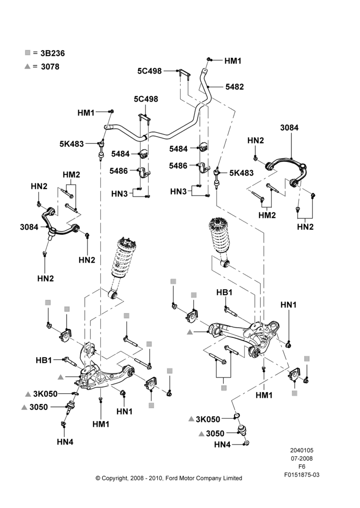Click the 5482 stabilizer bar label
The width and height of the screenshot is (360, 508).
coord(234,87)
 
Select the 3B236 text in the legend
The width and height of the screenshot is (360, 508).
coord(52,53)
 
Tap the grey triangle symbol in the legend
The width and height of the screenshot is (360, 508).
coord(27,67)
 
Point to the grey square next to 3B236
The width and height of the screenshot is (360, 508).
coord(27,52)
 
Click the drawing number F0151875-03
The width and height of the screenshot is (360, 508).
coord(302,474)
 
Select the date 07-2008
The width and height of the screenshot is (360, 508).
coord(302,458)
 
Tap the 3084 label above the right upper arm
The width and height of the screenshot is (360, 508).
coord(289,128)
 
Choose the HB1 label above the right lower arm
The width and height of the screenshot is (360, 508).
coord(224,292)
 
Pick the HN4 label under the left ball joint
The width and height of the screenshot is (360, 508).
coord(65,441)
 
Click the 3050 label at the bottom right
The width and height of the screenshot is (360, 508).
coord(215,433)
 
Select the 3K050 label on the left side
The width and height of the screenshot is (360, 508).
coord(45,394)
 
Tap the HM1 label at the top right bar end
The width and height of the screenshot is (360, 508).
coord(233,61)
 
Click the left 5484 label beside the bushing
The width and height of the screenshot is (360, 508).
coord(121,154)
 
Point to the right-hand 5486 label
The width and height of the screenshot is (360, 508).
coord(178,166)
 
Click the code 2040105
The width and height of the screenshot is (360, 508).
coord(302,450)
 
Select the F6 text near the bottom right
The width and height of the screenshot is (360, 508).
coord(302,466)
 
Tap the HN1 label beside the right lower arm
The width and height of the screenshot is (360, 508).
coord(289,305)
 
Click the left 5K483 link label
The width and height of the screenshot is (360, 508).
coord(71,144)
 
